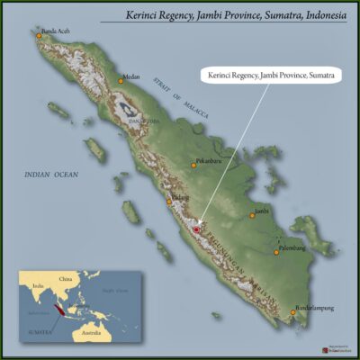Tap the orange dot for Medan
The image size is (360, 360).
coord(120,81)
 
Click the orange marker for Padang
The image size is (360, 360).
coord(168,202)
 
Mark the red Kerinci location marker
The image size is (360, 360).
coord(196,230)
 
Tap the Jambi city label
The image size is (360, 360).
coord(262,210)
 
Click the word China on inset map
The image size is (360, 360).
coord(65,280)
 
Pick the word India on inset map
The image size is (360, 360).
coord(37,286)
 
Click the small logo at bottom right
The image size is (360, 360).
coord(332,348)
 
